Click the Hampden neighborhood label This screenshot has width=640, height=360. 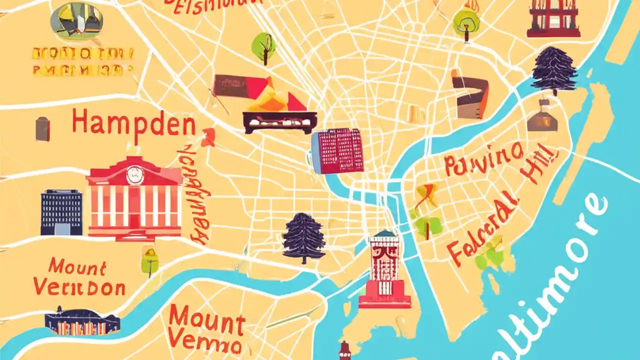pos(133,122)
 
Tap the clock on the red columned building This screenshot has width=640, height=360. pos(134,173)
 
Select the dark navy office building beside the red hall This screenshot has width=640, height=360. pos(61,212)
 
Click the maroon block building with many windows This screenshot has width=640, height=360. pos(338,150)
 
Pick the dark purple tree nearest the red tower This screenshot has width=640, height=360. pos(304,237)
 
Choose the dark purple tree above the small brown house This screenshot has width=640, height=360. pos(554,70)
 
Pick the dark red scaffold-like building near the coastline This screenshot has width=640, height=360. pos(553,18)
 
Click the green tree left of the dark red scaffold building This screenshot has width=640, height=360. pos(466,22)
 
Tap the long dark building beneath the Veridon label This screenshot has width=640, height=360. pos(82,322)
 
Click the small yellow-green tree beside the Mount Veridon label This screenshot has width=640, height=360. pos(149,260)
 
